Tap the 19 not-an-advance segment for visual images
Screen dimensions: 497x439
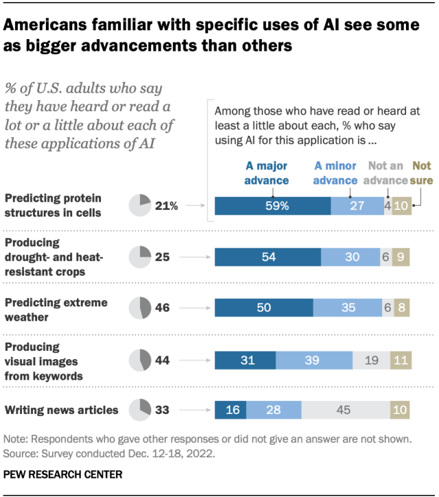pos(371,359)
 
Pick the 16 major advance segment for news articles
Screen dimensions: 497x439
pos(230,410)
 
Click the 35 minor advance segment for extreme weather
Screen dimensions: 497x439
pos(348,308)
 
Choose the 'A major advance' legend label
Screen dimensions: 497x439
pos(267,173)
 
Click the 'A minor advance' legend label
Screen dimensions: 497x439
pos(335,173)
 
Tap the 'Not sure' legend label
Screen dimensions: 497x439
pos(420,173)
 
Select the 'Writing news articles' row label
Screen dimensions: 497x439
pos(62,410)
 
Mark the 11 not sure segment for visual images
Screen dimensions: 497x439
pos(401,359)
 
